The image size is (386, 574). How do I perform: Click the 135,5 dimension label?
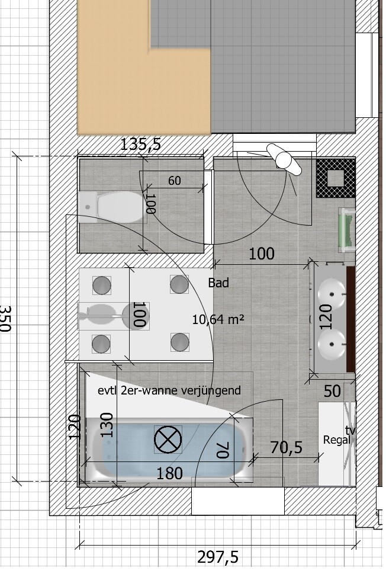pos(140,145)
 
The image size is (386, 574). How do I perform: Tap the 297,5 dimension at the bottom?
pos(218,557)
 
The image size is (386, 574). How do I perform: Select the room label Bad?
pos(218,283)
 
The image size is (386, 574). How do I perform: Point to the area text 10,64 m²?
pos(218,320)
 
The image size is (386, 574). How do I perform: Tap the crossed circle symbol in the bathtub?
pos(168,440)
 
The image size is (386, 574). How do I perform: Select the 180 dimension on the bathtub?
pos(169,474)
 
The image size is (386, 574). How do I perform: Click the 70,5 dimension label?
pos(286,447)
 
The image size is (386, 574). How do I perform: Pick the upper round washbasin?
pos(332,294)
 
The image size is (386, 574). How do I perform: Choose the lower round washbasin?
pos(332,345)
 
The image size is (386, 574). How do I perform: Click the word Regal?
pos(336,440)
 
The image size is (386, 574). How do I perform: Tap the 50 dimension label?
pos(332,391)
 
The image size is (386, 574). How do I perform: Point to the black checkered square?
pos(336,178)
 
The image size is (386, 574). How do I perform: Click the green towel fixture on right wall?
pos(347,230)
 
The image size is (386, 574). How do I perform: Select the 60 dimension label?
pos(175,181)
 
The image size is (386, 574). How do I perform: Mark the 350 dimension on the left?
pos(5,319)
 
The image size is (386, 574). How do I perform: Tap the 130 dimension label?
pos(107,425)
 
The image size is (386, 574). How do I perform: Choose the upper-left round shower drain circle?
pos(101,285)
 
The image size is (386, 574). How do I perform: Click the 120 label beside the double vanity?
pos(325,317)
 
